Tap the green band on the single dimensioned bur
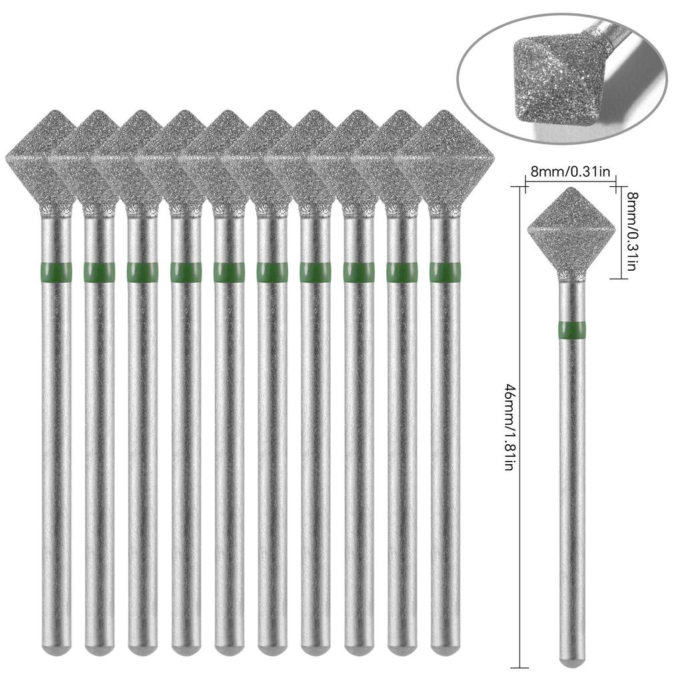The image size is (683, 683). click(x=572, y=329)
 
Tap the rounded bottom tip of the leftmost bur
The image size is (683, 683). click(x=56, y=646)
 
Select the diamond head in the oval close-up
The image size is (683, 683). click(x=555, y=83)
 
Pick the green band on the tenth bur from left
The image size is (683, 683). click(x=445, y=272)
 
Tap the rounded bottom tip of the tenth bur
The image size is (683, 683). click(x=445, y=646)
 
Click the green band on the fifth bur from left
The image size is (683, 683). click(x=229, y=272)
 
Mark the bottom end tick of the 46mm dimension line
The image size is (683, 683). click(x=520, y=667)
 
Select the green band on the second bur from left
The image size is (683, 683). click(x=99, y=272)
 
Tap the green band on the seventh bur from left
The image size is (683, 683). click(x=315, y=272)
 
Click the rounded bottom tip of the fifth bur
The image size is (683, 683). click(x=229, y=646)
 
